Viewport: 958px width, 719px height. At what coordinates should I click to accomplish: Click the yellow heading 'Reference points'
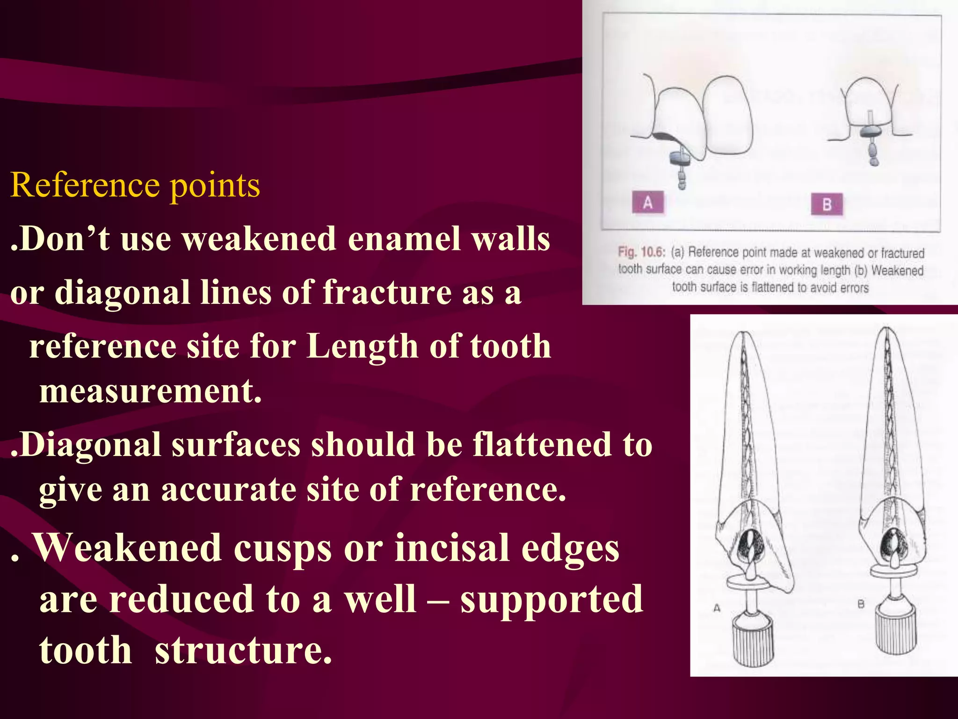tap(135, 185)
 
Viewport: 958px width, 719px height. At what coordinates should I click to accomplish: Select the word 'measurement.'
tap(150, 391)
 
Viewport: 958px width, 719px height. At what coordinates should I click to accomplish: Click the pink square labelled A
tap(648, 203)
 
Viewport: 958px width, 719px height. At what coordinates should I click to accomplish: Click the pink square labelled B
tap(827, 205)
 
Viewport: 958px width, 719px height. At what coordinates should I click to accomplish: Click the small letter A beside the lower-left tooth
tap(717, 608)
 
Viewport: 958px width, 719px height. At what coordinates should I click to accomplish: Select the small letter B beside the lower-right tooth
tap(861, 604)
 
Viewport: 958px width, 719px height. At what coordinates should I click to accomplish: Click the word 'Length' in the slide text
tap(362, 347)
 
